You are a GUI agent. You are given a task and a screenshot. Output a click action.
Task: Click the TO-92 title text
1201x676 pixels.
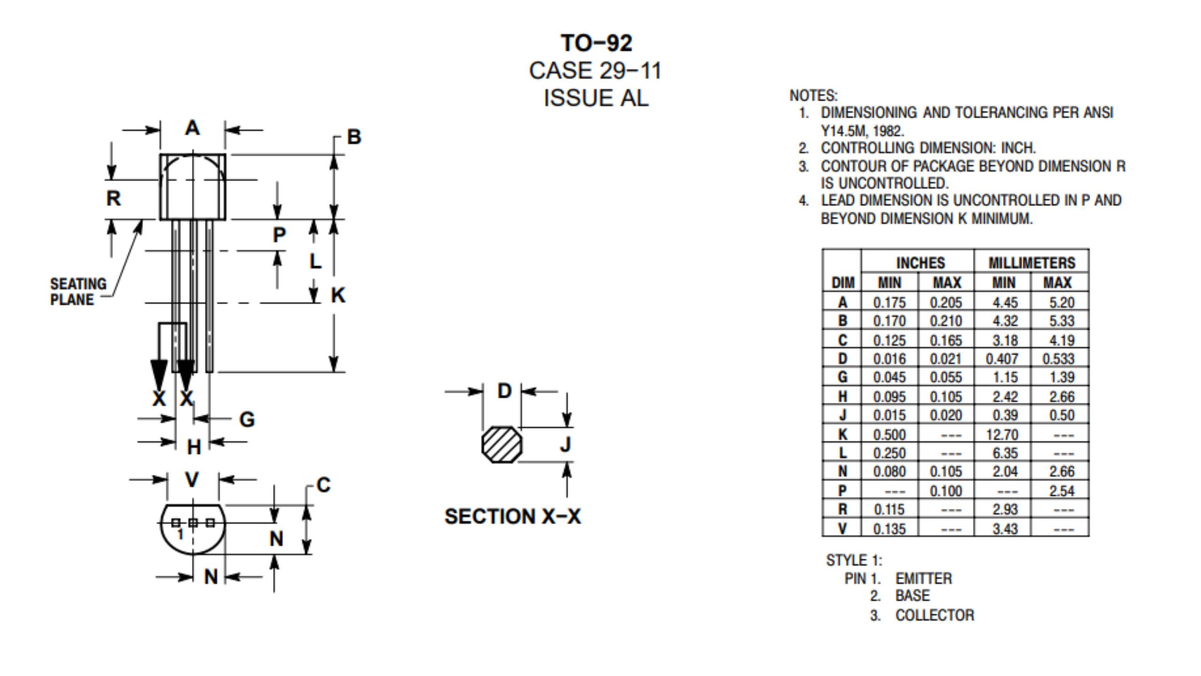coord(596,43)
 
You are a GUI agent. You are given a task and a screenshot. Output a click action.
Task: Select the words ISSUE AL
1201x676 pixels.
coord(596,98)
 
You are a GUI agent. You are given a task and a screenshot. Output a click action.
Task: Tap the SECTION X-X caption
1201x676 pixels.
coord(512,516)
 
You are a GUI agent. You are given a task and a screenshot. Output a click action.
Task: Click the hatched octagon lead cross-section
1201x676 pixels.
coord(502,445)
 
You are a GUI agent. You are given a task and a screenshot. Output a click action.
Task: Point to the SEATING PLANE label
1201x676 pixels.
coord(78,292)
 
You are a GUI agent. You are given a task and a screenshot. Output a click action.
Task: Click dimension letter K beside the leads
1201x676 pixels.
coord(338,295)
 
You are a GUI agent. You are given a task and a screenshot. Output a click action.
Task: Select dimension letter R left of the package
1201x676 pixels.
coord(114,199)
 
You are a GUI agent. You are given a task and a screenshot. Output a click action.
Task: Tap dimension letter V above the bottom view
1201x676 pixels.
coord(192,480)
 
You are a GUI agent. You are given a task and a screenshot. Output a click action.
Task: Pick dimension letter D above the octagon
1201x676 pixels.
coord(504,391)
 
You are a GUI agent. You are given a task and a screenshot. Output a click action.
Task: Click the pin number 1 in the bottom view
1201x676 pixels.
coord(180,534)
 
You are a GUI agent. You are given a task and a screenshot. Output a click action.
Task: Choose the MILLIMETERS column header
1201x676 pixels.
coord(1031,263)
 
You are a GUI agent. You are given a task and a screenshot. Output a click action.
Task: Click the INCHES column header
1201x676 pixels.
coord(920,263)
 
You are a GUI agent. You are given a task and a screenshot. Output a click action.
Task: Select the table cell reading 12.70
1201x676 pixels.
coord(1002,435)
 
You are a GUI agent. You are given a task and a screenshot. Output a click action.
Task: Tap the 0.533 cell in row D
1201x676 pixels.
coord(1058,359)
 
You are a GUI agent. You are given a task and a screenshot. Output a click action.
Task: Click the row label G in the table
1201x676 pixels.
coord(842,377)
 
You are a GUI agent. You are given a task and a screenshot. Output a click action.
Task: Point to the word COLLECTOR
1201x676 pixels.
coord(935,615)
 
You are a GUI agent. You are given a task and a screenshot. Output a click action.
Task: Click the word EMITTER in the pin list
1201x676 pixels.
coord(923,579)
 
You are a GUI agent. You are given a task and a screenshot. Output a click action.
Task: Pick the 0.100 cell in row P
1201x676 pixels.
coord(945,491)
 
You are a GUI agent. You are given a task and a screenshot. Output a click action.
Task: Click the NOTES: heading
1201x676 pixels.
coord(813,96)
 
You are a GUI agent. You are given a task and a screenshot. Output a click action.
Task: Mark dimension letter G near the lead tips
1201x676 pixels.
coord(247,419)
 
